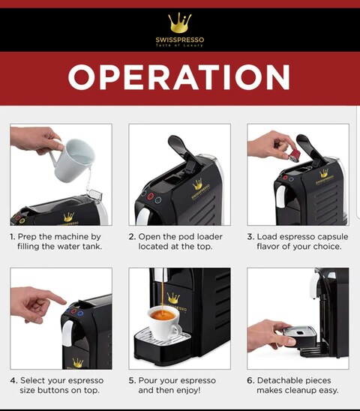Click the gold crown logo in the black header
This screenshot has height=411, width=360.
[x=179, y=22]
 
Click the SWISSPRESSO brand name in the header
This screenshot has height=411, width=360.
[x=179, y=40]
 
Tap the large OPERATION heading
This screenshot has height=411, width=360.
[x=179, y=77]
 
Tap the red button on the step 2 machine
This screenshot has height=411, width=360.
[x=150, y=196]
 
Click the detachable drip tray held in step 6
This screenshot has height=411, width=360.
[x=299, y=336]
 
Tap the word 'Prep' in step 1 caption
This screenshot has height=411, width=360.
[x=27, y=237]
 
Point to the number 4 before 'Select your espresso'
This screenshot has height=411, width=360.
[x=13, y=380]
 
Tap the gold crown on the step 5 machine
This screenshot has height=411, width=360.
[x=173, y=298]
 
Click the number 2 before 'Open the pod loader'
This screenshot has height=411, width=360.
[x=132, y=237]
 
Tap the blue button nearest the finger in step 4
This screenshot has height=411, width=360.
[x=68, y=310]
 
